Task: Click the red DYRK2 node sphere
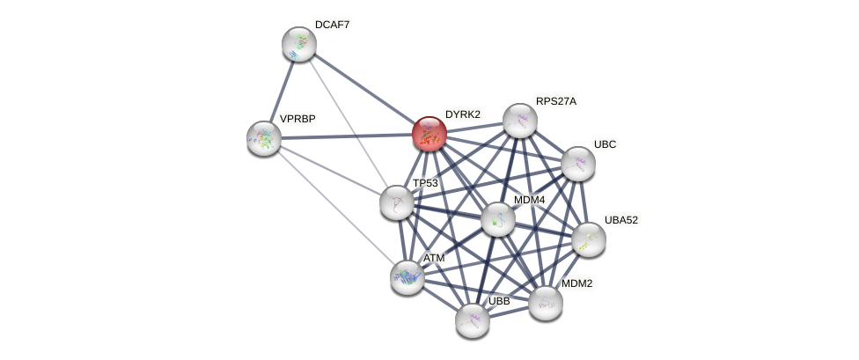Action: point(429,134)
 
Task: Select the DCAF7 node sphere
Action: point(299,44)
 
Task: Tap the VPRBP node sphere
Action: point(264,138)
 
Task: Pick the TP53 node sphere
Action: point(397,202)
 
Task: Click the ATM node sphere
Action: point(407,277)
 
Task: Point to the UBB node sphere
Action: point(473,320)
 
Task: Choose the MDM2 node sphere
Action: point(546,303)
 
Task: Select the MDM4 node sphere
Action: point(498,219)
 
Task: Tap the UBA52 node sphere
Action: point(589,239)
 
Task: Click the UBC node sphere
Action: point(578,164)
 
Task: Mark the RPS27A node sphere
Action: point(520,121)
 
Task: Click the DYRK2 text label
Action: point(462,114)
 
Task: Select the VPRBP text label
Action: point(297,118)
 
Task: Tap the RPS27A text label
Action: point(555,101)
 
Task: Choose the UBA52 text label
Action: point(620,220)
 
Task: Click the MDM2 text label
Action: point(577,283)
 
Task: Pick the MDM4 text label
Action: point(530,200)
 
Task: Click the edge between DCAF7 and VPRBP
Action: point(282,91)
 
